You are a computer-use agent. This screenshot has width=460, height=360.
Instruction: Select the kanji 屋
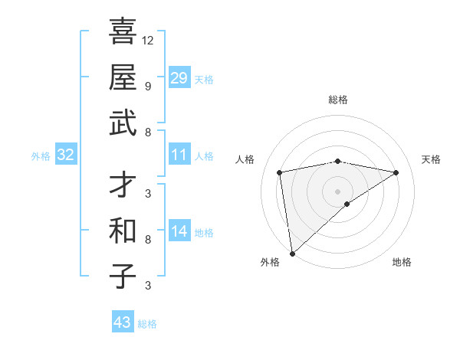(x=122, y=77)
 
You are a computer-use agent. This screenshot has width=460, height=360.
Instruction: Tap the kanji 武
(x=122, y=123)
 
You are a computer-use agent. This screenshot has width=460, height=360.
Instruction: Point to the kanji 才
(x=122, y=185)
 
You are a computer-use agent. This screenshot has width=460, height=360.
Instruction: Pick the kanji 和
(x=122, y=230)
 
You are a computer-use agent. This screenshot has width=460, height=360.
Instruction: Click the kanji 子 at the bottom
(x=122, y=277)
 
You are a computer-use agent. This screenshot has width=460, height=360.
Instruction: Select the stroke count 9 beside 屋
(x=148, y=86)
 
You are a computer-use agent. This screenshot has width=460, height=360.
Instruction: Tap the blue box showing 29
(x=179, y=77)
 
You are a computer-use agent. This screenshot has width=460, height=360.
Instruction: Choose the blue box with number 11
(x=179, y=155)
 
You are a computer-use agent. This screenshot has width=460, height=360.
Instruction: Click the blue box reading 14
(x=179, y=231)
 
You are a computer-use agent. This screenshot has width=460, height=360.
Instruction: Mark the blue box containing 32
(x=66, y=155)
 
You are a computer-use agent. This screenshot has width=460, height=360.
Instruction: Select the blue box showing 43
(x=122, y=322)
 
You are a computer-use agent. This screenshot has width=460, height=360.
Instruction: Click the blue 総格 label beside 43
(x=148, y=324)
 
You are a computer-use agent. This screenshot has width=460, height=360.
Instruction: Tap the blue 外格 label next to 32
(x=41, y=156)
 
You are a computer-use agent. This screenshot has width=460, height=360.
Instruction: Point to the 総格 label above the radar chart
(x=338, y=100)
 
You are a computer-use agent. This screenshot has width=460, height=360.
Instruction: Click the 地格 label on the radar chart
(x=402, y=263)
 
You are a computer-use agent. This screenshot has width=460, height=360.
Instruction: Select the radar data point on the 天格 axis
(x=396, y=172)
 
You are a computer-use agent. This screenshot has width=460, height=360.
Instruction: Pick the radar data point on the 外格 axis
(x=292, y=253)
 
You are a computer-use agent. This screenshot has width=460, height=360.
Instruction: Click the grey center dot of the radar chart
(x=338, y=191)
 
